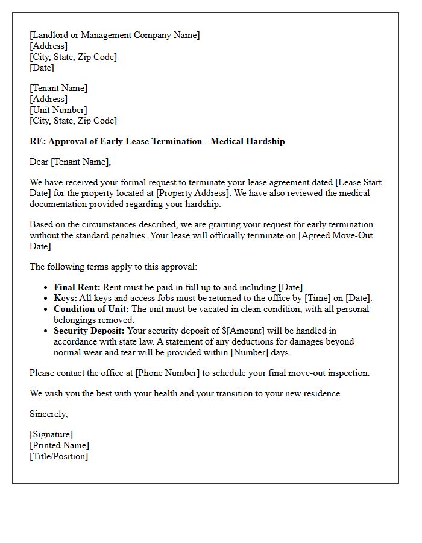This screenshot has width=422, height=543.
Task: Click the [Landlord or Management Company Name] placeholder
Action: (115, 35)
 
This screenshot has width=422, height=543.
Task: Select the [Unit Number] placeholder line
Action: (58, 110)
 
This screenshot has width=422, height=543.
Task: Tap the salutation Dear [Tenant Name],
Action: (71, 162)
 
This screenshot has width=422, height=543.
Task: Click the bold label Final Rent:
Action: (77, 287)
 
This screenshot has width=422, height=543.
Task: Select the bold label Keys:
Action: (65, 298)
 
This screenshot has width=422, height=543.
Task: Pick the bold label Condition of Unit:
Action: (92, 309)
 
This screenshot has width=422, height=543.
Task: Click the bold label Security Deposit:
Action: (90, 331)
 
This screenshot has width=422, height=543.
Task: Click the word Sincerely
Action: (48, 414)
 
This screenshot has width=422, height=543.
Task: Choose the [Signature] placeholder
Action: (51, 434)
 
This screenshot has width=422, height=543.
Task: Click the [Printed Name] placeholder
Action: (59, 445)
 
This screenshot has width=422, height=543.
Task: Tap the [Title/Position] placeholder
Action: (58, 456)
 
